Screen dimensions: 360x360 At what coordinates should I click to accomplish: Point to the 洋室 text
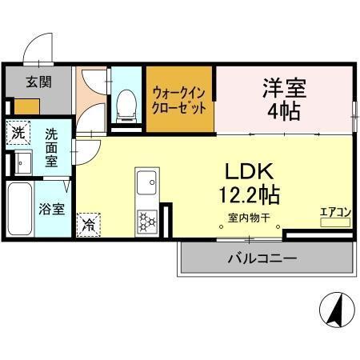click(x=284, y=87)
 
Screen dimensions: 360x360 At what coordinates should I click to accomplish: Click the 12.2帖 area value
click(x=248, y=194)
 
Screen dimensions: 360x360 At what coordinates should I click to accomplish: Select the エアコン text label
click(x=335, y=212)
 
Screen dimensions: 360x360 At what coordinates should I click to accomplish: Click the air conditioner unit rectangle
click(x=335, y=222)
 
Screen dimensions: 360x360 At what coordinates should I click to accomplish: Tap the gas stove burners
click(x=147, y=220)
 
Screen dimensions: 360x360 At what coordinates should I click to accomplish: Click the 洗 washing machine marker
click(x=17, y=131)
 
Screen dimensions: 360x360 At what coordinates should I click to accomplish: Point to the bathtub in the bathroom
click(x=19, y=210)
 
